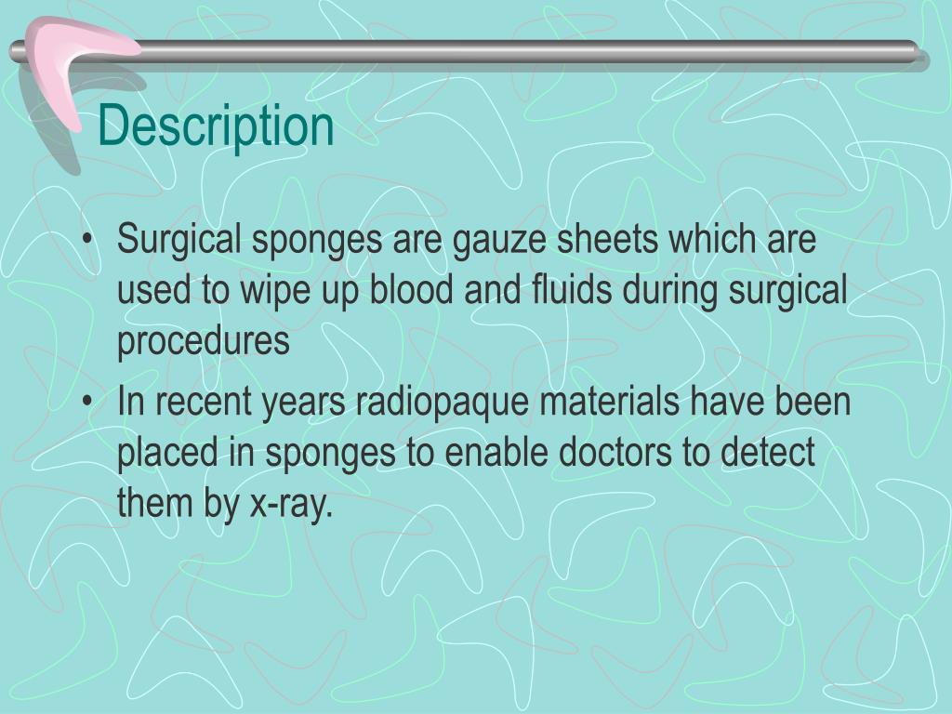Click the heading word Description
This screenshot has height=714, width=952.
coord(216,126)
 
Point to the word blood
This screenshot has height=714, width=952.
coord(410,291)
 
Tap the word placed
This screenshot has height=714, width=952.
coord(168,454)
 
